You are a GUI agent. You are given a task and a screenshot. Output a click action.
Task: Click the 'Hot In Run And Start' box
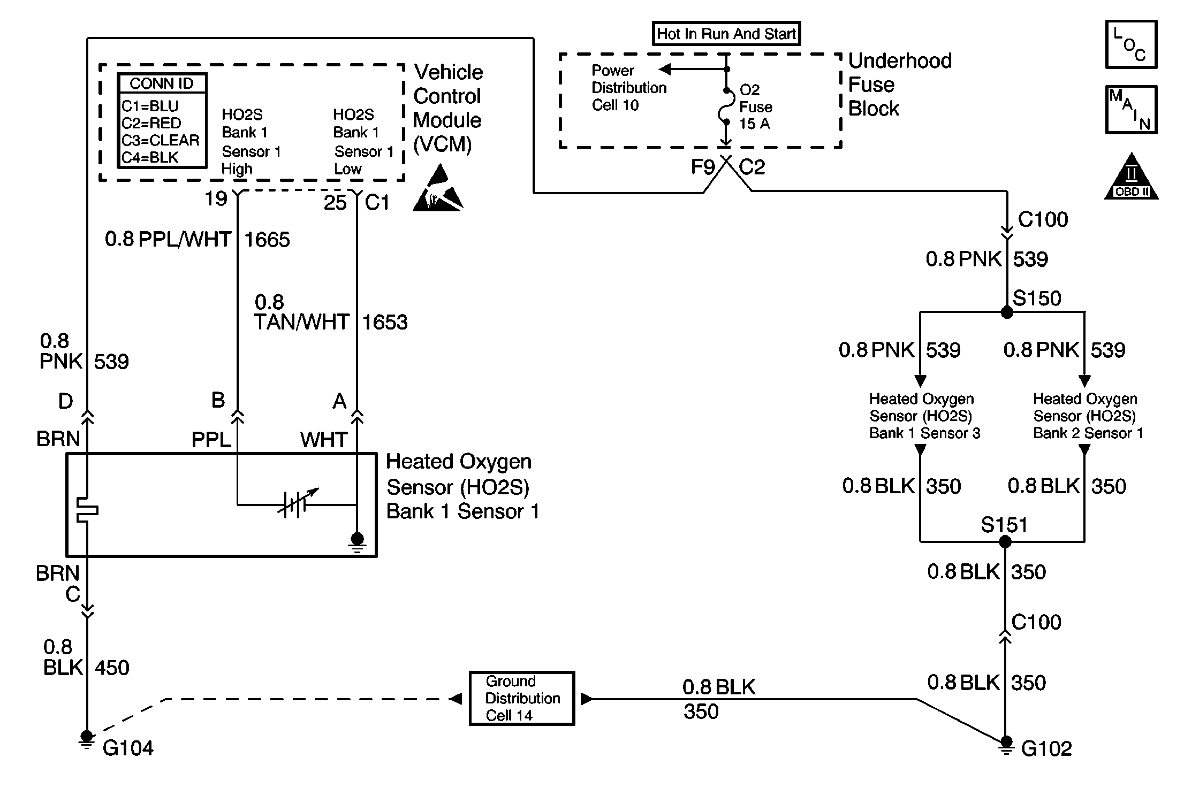pos(726,34)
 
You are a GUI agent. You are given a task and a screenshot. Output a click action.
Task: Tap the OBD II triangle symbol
pos(1131,178)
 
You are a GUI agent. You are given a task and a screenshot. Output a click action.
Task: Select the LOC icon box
pos(1131,44)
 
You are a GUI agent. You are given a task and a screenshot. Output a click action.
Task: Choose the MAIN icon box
pos(1131,110)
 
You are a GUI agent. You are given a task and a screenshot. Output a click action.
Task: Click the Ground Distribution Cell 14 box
pos(522,698)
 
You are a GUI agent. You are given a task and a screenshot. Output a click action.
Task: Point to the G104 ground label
pos(128,748)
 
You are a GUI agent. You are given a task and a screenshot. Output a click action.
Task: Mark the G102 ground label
pos(1046,749)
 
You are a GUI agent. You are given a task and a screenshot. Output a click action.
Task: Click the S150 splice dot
pos(1006,313)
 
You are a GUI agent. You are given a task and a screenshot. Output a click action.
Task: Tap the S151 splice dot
pos(1005,542)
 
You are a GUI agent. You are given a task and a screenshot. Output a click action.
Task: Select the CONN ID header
pos(162,83)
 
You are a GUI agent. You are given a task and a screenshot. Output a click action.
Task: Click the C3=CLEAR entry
pos(160,140)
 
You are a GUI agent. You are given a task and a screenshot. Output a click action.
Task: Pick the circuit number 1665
pos(267,240)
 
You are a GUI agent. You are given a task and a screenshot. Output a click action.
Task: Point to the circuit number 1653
pos(385,323)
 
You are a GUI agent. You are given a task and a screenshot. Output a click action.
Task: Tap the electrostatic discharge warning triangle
pos(438,190)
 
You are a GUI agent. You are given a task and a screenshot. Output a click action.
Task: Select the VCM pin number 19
pos(216,199)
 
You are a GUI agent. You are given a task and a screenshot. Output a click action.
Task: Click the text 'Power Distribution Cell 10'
pos(629,88)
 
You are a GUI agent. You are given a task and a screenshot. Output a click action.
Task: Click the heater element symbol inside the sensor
pos(87,509)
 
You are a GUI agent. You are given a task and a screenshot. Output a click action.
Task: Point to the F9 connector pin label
pos(702,167)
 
